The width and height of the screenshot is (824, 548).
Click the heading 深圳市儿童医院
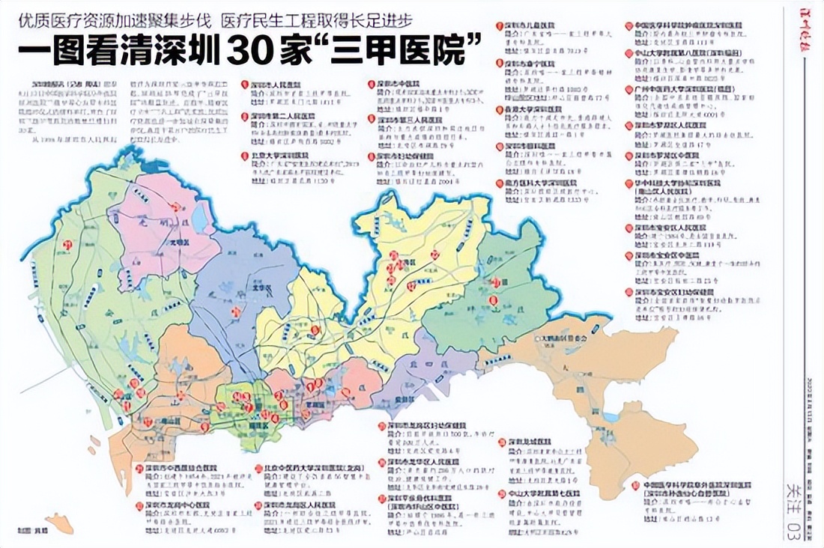pos(532,27)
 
